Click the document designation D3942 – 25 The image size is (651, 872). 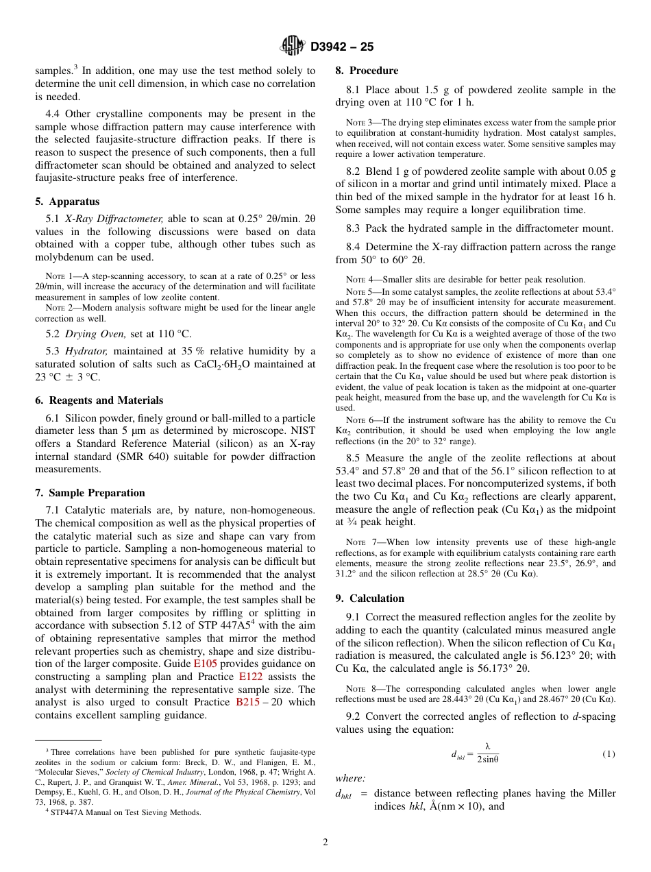click(343, 47)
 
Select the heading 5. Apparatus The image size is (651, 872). click(67, 202)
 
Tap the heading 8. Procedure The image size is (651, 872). click(367, 71)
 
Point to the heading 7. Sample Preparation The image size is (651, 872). click(90, 493)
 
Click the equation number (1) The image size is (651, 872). click(609, 754)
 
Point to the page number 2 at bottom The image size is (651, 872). click(325, 843)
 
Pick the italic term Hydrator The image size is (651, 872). click(86, 352)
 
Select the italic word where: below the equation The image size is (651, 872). click(350, 778)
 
